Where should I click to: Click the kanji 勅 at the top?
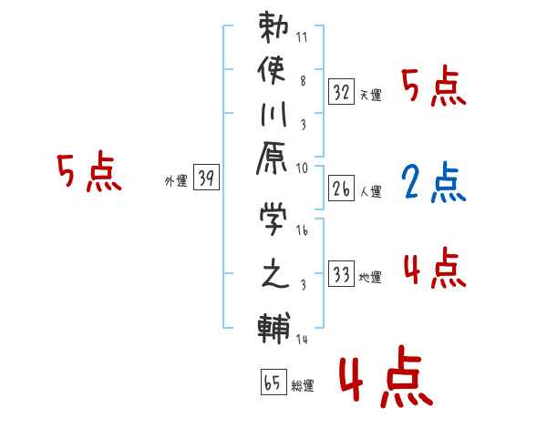pos(274,28)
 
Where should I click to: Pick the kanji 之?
pos(274,274)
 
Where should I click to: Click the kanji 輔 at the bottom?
pos(274,327)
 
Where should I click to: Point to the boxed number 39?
pos(207,179)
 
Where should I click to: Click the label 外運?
pos(176,181)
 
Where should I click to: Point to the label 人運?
pos(371,191)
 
